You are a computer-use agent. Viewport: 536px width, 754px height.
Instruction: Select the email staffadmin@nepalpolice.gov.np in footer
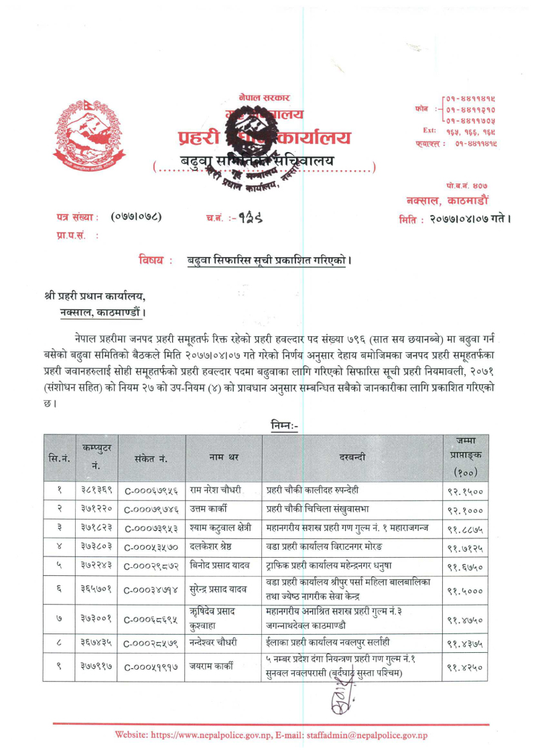click(x=367, y=735)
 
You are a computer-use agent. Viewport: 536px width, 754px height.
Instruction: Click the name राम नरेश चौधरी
click(x=215, y=490)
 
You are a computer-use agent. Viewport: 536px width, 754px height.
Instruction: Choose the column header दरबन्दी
click(x=352, y=457)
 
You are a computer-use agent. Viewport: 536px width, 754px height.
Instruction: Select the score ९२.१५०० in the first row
click(x=465, y=490)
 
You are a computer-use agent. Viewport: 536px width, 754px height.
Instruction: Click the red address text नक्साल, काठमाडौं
click(x=448, y=200)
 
